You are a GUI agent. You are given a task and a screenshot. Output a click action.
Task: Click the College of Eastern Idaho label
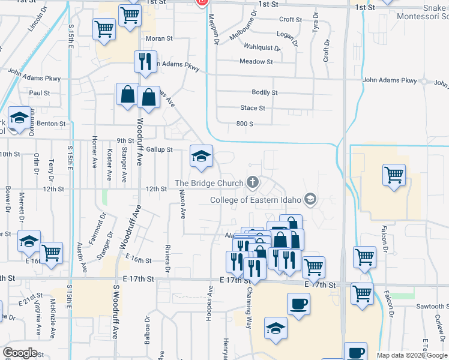256,200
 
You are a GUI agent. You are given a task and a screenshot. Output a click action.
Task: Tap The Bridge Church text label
209,182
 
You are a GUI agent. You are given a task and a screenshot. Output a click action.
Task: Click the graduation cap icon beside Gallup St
201,157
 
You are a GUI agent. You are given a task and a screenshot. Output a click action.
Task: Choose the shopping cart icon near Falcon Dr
394,176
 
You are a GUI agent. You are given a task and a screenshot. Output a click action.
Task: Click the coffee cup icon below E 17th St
298,304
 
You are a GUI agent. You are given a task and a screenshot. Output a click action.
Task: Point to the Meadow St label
256,62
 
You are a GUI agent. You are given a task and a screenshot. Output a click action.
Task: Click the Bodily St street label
265,93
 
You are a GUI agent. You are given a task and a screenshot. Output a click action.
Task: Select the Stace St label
253,109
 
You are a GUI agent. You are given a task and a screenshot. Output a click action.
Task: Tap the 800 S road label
246,124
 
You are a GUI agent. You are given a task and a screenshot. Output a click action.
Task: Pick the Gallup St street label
159,149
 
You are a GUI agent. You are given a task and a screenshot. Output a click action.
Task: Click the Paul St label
40,94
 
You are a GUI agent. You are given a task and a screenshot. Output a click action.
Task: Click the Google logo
20,353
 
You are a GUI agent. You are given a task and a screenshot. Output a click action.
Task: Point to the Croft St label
290,20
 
